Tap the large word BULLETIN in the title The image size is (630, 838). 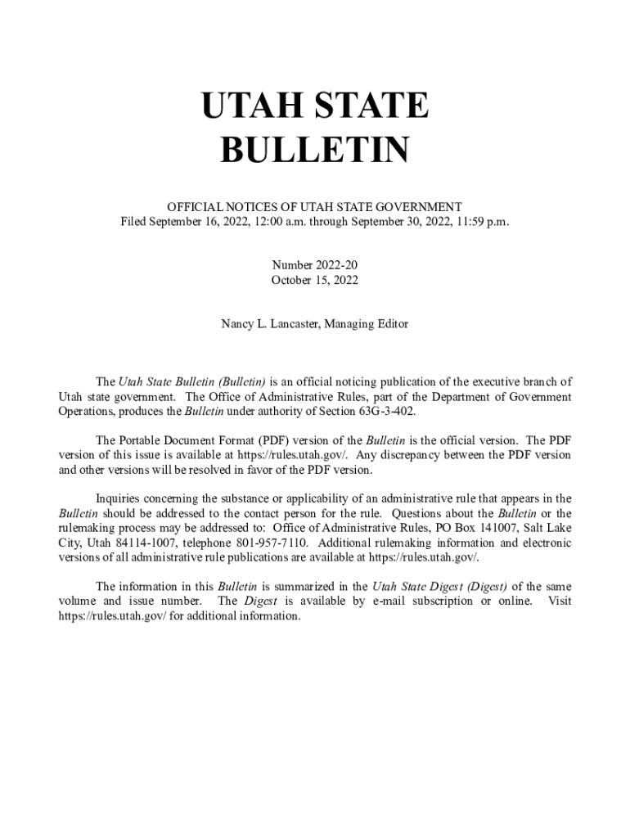coord(315,151)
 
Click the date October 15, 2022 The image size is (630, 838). coord(315,280)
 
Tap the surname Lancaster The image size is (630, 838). coord(289,324)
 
